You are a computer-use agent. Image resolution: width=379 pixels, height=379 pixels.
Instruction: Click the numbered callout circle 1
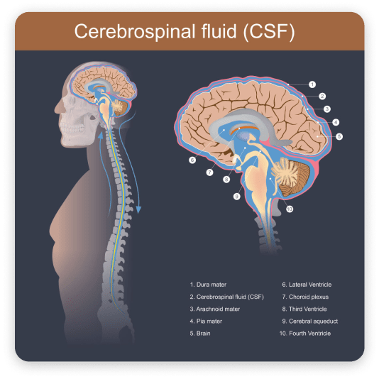pos(312,84)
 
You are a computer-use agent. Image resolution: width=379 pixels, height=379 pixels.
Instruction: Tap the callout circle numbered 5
pos(339,136)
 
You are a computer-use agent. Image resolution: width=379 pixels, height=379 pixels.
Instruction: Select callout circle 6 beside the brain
pos(192,160)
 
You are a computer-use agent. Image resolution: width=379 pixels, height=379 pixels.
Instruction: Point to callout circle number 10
pos(290,209)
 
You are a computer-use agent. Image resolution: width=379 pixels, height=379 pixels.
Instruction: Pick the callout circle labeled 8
pos(226,180)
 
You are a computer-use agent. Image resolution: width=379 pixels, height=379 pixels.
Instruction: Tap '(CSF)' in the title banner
pos(269,32)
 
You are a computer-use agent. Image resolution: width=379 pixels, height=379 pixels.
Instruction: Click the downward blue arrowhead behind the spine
pos(138,209)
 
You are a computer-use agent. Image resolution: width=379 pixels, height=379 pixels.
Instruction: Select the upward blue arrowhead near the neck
pos(101,136)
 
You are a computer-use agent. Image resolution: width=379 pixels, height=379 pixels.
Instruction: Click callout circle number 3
pos(326,109)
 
